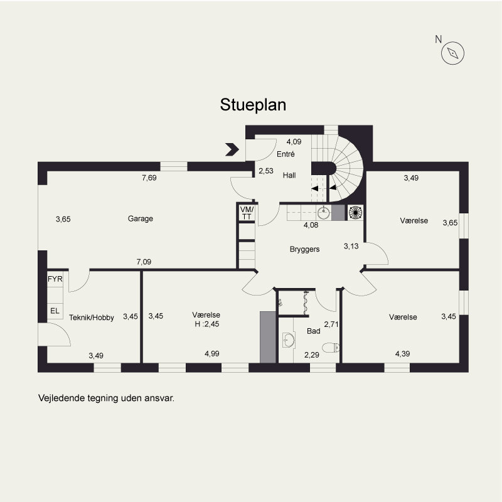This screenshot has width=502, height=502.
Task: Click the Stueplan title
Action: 253,105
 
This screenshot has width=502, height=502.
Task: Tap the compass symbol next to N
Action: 452,53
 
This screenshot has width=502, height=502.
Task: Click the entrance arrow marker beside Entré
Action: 232,149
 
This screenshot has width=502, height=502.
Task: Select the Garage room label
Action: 140,218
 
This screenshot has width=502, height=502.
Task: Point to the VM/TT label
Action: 247,213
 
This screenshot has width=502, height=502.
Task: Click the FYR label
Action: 55,279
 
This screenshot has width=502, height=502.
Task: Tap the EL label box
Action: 55,311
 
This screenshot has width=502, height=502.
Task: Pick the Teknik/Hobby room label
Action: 92,318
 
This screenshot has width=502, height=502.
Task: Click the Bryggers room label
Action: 304,249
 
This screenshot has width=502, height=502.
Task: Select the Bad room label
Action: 313,331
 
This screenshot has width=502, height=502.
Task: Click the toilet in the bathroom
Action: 331,348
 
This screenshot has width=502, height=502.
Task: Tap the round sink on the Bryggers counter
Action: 324,212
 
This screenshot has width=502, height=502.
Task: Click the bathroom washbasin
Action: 289,340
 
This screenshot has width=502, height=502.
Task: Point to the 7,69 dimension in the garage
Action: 149,178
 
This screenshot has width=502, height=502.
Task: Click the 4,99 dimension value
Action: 212,354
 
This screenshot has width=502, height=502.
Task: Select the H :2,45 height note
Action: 207,324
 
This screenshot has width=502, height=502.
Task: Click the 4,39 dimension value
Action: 402,354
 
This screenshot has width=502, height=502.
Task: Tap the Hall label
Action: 289,175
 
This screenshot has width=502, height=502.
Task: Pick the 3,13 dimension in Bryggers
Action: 351,246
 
